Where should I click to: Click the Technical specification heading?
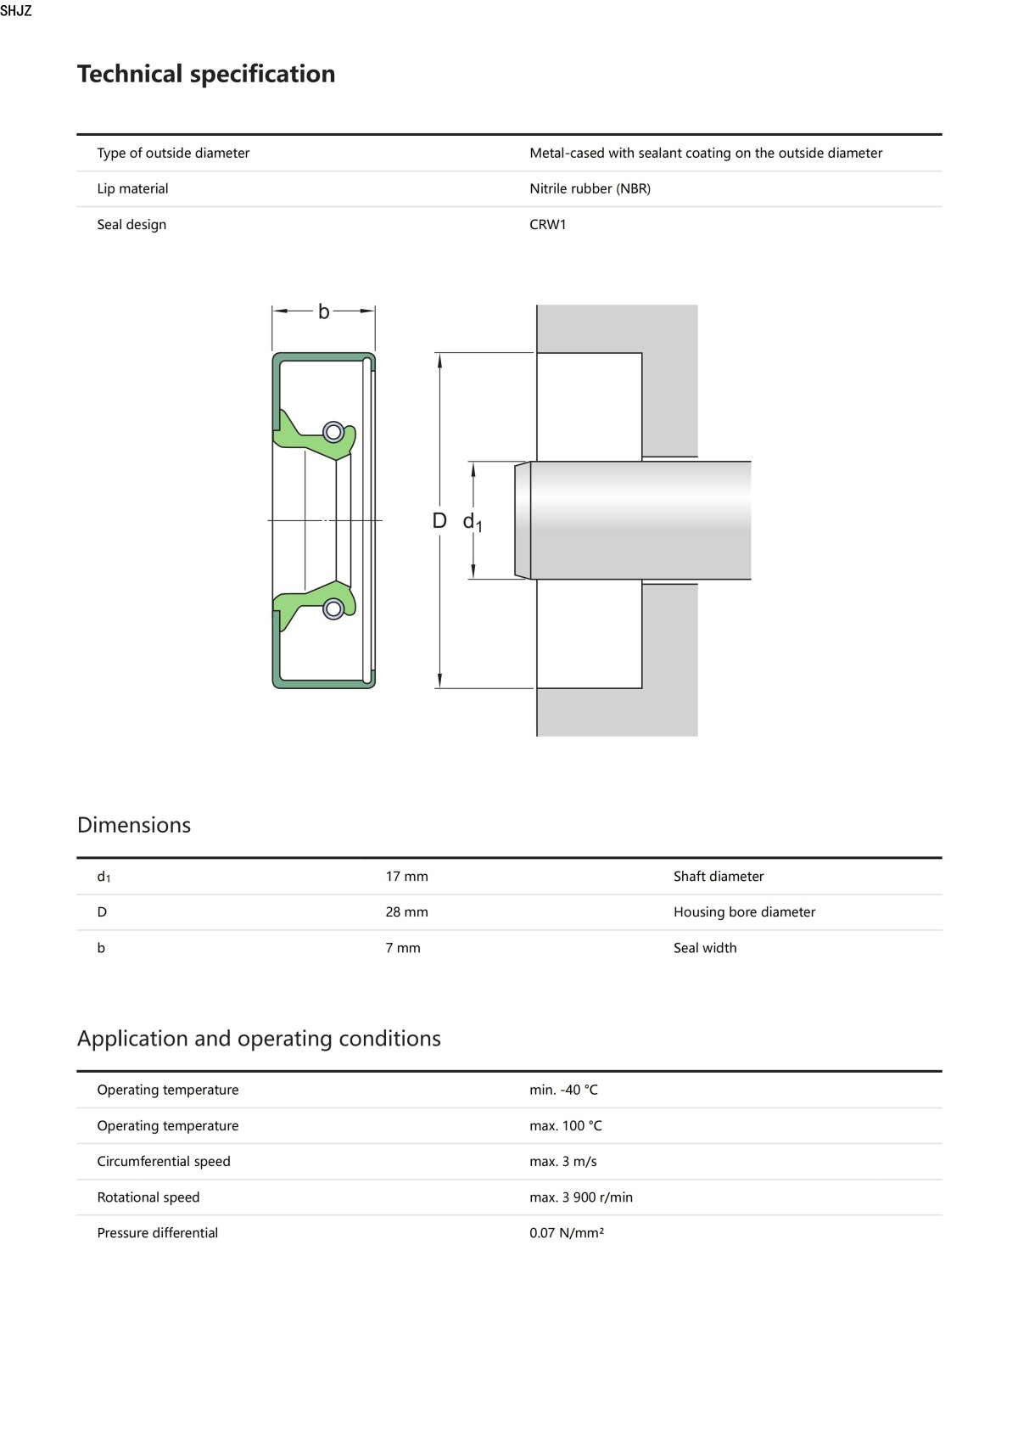pyautogui.click(x=206, y=75)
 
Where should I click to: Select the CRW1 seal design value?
pyautogui.click(x=547, y=225)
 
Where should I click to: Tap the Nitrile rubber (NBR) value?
pyautogui.click(x=590, y=189)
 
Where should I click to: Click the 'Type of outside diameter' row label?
pyautogui.click(x=173, y=154)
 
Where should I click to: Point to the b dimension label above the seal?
pyautogui.click(x=323, y=312)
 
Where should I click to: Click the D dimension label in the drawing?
pyautogui.click(x=439, y=521)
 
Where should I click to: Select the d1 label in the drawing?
pyautogui.click(x=472, y=523)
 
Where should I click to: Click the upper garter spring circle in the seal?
pyautogui.click(x=333, y=432)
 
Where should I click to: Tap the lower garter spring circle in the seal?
pyautogui.click(x=333, y=608)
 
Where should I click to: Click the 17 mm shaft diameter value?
pyautogui.click(x=406, y=877)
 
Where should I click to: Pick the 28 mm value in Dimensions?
pyautogui.click(x=406, y=912)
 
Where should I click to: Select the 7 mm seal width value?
pyautogui.click(x=403, y=948)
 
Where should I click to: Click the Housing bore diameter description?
pyautogui.click(x=744, y=912)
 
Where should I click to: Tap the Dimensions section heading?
pyautogui.click(x=134, y=825)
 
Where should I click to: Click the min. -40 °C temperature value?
pyautogui.click(x=563, y=1091)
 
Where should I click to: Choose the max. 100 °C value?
pyautogui.click(x=565, y=1126)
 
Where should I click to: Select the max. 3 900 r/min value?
pyautogui.click(x=580, y=1197)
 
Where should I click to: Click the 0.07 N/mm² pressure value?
pyautogui.click(x=566, y=1233)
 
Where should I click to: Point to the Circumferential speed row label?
pyautogui.click(x=164, y=1162)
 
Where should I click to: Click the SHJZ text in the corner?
pyautogui.click(x=16, y=11)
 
